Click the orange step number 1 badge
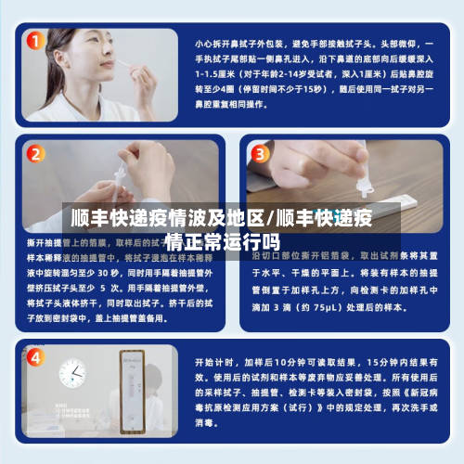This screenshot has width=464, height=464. click(35, 41)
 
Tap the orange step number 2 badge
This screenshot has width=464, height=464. click(35, 154)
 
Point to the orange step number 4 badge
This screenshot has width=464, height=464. click(35, 357)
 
